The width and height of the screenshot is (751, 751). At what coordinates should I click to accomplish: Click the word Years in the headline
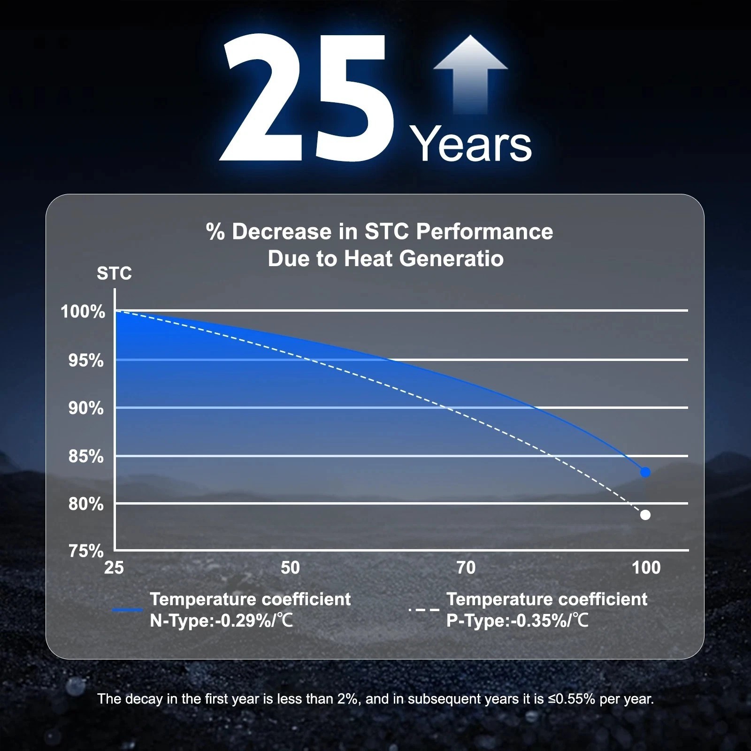[x=471, y=144]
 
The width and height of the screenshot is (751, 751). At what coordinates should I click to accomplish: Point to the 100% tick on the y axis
[x=83, y=311]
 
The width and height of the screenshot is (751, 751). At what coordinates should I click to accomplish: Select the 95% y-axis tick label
[x=86, y=360]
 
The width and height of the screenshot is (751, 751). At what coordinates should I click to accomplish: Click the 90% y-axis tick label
[x=86, y=408]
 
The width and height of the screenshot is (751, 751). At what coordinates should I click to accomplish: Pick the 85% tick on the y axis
[x=86, y=456]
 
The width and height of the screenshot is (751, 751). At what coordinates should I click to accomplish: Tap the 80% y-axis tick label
[x=86, y=504]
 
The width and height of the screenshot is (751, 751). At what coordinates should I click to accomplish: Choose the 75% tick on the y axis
[x=86, y=551]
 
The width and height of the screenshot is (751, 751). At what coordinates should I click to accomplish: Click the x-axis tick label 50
[x=290, y=568]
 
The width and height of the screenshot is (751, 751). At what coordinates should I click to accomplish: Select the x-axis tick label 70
[x=466, y=568]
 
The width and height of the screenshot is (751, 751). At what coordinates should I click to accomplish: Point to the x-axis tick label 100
[x=646, y=568]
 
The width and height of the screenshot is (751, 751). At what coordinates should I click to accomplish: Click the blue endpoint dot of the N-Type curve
[x=645, y=472]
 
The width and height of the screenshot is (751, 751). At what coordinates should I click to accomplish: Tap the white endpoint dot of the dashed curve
[x=645, y=515]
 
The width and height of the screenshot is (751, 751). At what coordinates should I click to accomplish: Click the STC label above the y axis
[x=114, y=274]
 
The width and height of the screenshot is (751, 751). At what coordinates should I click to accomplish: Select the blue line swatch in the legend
[x=128, y=610]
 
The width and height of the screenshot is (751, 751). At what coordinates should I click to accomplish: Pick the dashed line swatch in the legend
[x=424, y=610]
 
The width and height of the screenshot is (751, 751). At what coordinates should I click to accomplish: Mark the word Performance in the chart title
[x=484, y=232]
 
